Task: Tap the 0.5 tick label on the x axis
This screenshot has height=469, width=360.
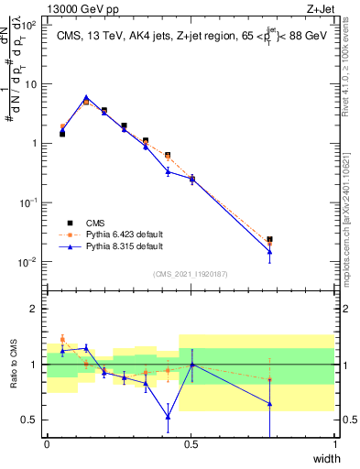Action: pyautogui.click(x=191, y=444)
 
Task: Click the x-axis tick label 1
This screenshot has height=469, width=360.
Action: pyautogui.click(x=335, y=444)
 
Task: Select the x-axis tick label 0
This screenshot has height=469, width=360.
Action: pyautogui.click(x=47, y=444)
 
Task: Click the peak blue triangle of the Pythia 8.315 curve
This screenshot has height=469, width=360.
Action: pyautogui.click(x=86, y=97)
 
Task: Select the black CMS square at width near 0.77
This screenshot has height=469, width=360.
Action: pyautogui.click(x=269, y=240)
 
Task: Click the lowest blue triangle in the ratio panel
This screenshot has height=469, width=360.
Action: pyautogui.click(x=168, y=417)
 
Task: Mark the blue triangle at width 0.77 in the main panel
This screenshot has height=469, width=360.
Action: pyautogui.click(x=269, y=252)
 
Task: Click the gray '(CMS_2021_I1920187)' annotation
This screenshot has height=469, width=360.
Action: pyautogui.click(x=191, y=274)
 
